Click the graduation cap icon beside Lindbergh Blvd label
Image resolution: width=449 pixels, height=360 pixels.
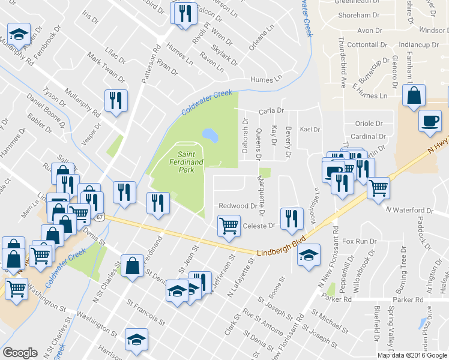[309, 255]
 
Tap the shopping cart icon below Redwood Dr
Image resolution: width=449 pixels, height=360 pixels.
[228, 227]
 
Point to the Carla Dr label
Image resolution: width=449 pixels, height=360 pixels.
[270, 111]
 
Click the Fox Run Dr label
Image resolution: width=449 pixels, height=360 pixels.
[358, 241]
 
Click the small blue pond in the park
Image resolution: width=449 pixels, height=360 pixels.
[210, 134]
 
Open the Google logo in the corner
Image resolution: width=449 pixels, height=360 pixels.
[20, 352]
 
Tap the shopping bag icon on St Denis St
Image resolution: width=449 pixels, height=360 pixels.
[132, 265]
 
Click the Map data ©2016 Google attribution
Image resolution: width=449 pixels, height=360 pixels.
[412, 355]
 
